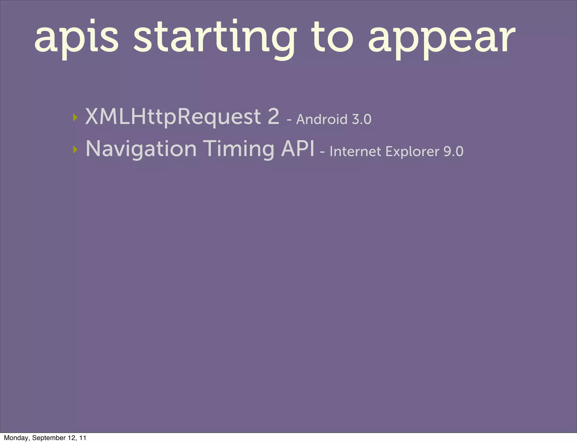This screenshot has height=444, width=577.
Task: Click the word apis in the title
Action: coord(76,38)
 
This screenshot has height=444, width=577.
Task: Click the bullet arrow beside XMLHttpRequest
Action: coord(75,117)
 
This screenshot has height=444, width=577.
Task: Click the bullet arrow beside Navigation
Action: coord(75,150)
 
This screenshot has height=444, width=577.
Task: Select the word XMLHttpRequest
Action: coord(173,117)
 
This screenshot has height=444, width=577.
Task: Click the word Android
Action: coord(321,119)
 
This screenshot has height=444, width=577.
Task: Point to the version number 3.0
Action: coord(361,119)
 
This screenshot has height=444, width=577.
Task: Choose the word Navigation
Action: coord(141,149)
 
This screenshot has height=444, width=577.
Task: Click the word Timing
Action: coord(239,149)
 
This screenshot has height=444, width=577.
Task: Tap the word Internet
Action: coord(355,152)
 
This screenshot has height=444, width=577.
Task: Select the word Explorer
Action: coord(412,152)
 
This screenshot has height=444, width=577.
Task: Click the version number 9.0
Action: coord(453,152)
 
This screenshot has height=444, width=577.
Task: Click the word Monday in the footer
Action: coord(16,438)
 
